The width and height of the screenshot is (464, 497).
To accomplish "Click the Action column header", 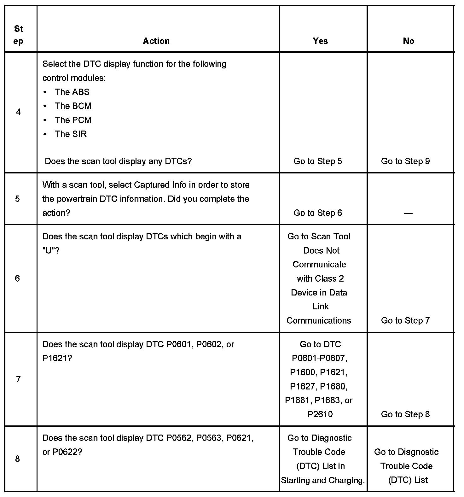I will tap(156, 41).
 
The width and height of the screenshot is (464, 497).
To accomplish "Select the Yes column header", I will tap(320, 41).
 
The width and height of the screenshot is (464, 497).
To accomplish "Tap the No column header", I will tap(409, 41).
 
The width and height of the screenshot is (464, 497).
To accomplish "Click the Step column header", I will tap(19, 35).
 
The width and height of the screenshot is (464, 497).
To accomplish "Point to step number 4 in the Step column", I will tap(19, 112).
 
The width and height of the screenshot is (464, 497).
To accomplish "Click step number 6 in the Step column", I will tap(18, 278).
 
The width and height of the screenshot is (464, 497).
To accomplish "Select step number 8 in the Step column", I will tap(18, 459).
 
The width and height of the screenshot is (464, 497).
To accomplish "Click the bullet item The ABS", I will tap(72, 92).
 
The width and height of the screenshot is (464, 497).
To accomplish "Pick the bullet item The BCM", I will tap(73, 106).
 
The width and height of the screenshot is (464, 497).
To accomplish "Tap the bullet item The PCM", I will tap(73, 120).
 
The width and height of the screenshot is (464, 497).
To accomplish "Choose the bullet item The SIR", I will tap(71, 134).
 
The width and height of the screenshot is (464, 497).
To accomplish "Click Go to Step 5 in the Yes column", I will tap(318, 161).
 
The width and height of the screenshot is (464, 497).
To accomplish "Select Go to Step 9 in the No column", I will tap(405, 161).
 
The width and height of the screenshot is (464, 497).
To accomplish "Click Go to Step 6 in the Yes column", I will tap(318, 213).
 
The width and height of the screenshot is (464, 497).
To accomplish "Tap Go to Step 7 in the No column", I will tap(405, 321).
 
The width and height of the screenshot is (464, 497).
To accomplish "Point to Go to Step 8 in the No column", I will tap(405, 414).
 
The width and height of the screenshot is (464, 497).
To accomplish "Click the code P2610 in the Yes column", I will tap(320, 414).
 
